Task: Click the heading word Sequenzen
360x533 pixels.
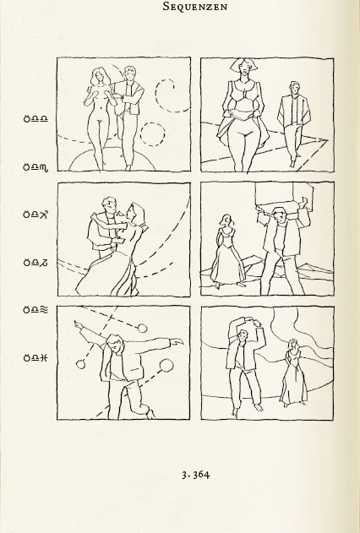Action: point(195,6)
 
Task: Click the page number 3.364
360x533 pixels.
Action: point(196,475)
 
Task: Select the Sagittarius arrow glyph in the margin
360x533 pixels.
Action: point(44,215)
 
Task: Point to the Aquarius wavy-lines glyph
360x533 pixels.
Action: point(44,309)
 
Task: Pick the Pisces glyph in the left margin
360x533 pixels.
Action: point(44,357)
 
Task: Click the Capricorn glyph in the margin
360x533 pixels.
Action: point(44,263)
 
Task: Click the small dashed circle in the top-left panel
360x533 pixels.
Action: point(153,123)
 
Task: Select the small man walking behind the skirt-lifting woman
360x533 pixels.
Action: point(294,123)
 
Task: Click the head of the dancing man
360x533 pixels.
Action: point(110,205)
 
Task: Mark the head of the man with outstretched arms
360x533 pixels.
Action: point(115,344)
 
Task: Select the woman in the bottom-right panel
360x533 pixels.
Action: point(293,373)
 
